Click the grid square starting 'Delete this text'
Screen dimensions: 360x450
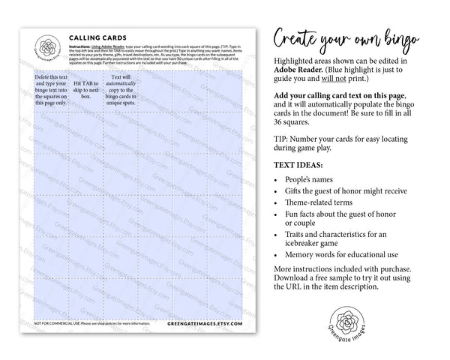pos(49,90)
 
